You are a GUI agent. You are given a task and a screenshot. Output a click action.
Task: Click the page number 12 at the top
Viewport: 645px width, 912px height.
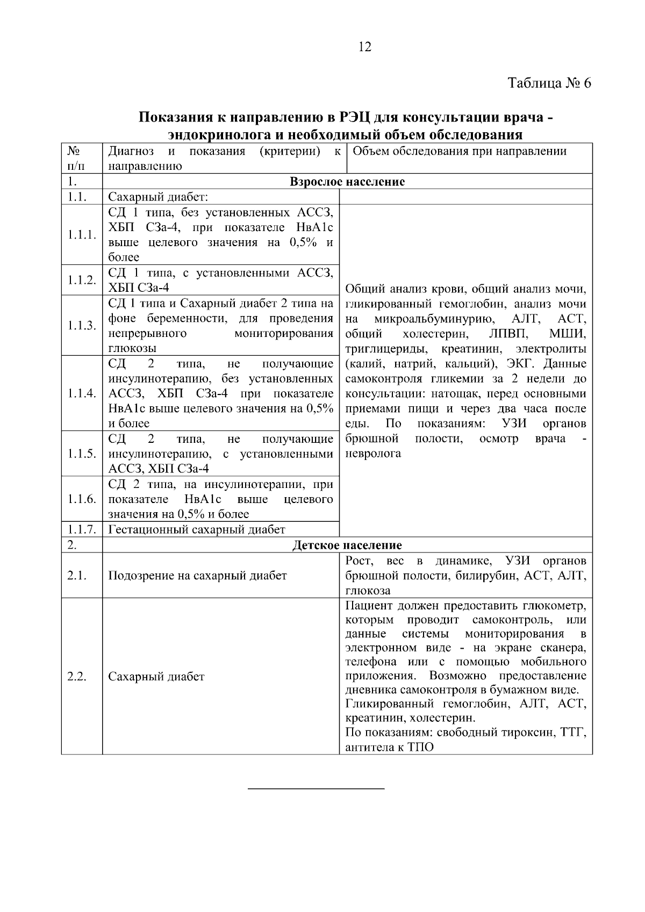(x=364, y=47)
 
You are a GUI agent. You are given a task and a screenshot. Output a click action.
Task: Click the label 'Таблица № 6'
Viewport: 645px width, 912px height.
(x=549, y=84)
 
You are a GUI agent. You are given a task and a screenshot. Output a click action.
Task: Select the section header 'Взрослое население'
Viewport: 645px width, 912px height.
(x=347, y=182)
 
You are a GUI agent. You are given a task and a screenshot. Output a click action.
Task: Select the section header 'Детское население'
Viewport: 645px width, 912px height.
(x=347, y=545)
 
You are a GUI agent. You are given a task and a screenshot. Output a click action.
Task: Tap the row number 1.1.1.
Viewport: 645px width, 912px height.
(x=82, y=235)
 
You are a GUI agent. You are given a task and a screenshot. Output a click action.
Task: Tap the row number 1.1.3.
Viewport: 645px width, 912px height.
(x=82, y=326)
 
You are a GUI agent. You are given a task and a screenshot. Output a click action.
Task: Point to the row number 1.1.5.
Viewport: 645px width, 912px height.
(x=82, y=454)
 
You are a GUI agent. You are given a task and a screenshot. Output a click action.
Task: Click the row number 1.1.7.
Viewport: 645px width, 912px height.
(x=82, y=530)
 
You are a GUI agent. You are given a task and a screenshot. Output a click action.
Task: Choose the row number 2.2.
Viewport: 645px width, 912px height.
(x=77, y=677)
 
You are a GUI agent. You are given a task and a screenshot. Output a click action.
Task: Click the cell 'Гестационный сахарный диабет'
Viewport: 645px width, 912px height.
(x=197, y=530)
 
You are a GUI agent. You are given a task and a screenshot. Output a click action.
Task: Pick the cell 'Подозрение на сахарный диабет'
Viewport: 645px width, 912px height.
(x=197, y=576)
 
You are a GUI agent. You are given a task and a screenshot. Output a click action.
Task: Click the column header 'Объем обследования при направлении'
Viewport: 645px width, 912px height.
(x=460, y=151)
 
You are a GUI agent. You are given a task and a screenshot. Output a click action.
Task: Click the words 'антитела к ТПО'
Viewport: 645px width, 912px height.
(x=389, y=748)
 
